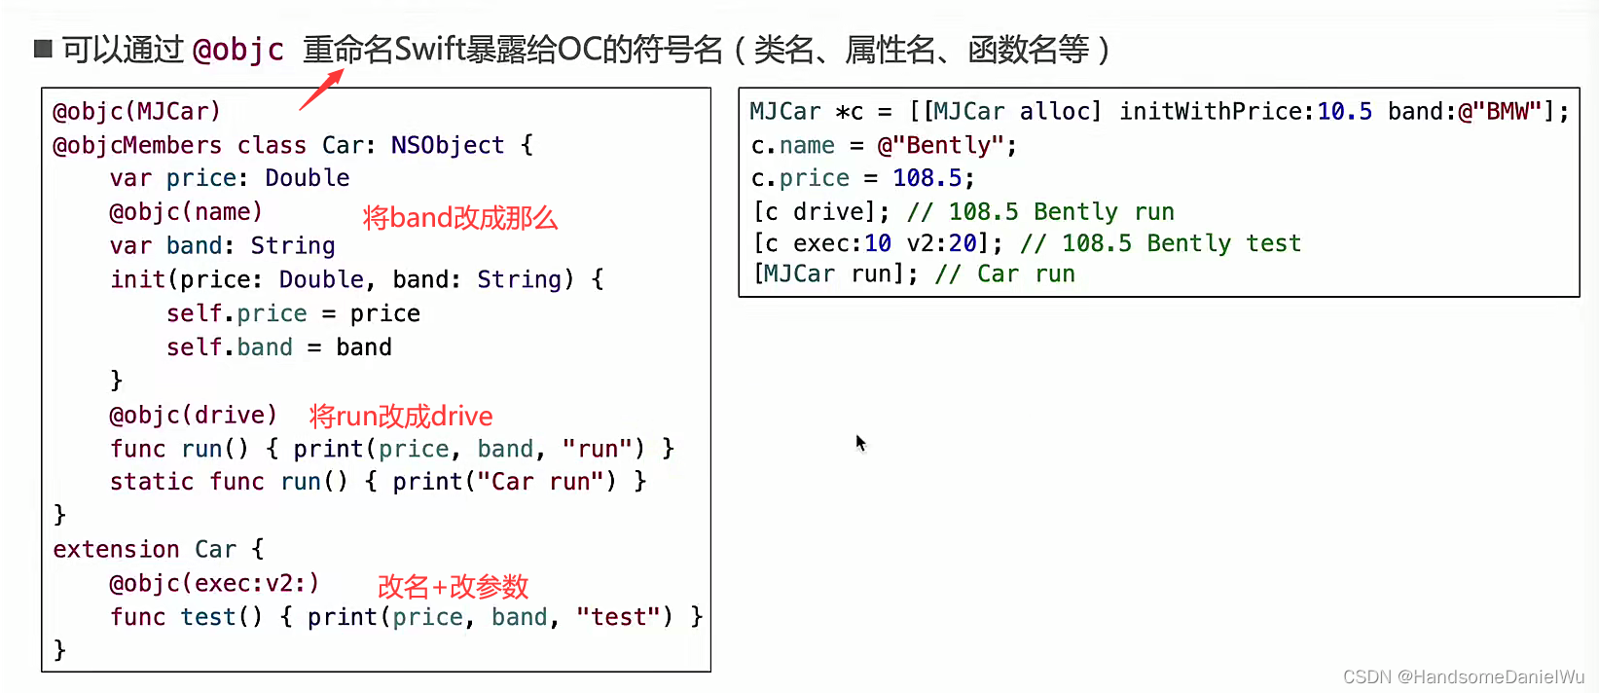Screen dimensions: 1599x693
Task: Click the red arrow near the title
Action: click(x=322, y=90)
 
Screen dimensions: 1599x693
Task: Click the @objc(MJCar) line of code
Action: click(x=137, y=111)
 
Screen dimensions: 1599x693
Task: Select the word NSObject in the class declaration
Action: click(x=448, y=145)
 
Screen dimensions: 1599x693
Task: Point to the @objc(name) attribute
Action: click(x=186, y=212)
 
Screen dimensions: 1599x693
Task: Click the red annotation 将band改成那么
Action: click(x=460, y=218)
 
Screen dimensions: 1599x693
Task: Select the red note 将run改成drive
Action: click(x=401, y=416)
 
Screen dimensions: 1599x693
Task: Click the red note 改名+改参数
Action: click(x=454, y=587)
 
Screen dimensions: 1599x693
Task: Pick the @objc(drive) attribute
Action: click(x=193, y=415)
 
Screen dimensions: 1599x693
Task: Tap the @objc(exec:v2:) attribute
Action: click(x=214, y=583)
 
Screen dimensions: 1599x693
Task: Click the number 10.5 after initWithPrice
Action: click(x=1345, y=111)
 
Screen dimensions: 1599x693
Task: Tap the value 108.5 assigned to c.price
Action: click(x=927, y=178)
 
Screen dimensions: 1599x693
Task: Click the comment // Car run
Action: click(x=1005, y=274)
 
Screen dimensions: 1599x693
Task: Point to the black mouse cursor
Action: click(x=861, y=443)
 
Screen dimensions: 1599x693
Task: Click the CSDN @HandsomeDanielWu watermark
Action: click(x=1464, y=676)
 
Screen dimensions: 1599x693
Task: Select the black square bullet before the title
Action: click(x=43, y=49)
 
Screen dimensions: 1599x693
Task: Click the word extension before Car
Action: click(x=116, y=549)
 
